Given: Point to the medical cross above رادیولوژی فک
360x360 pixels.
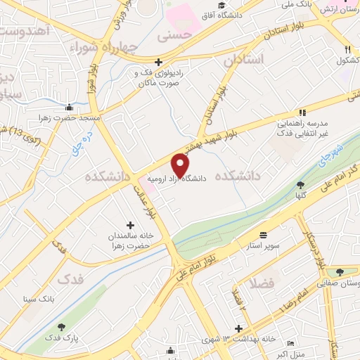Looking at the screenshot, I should (159, 62).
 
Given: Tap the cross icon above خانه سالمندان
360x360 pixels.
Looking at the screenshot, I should (130, 224).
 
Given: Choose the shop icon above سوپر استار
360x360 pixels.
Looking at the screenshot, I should (263, 234).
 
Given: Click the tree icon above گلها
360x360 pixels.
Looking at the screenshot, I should (300, 184).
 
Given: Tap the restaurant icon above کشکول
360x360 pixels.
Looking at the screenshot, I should (347, 49).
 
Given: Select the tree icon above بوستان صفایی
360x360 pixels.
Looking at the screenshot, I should (341, 272).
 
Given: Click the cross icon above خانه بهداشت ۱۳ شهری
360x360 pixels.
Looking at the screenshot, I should (239, 328).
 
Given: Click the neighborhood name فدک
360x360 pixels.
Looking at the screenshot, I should (74, 278).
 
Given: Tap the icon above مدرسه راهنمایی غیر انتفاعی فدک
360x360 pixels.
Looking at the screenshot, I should (302, 112).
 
